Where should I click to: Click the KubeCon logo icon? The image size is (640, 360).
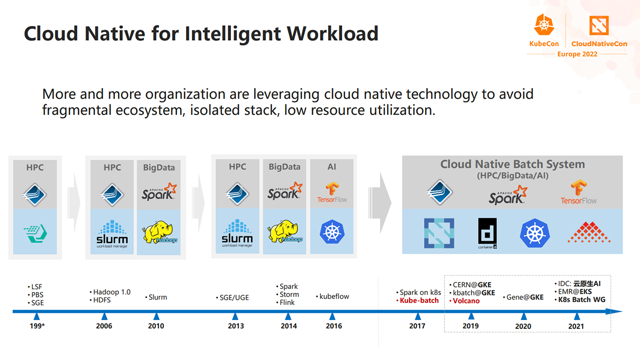(544, 25)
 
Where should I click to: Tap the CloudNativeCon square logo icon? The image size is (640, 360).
(599, 25)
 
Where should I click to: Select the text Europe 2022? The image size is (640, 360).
(577, 54)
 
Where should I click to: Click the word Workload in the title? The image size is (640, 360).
(332, 33)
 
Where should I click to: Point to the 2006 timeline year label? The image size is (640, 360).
(104, 326)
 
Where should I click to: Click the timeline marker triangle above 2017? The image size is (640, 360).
(417, 316)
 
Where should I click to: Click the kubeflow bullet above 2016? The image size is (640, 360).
(332, 296)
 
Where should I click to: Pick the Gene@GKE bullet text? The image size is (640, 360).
(523, 297)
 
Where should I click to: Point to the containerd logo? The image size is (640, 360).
(487, 233)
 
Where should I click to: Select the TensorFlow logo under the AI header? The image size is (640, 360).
(332, 192)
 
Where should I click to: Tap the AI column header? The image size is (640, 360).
(331, 167)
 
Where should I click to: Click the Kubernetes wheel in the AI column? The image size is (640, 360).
(332, 231)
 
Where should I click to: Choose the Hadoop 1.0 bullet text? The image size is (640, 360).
(110, 292)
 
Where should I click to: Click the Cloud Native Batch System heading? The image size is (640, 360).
(512, 164)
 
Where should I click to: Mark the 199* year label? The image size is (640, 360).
(37, 326)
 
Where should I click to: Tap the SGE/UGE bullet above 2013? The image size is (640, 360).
(232, 297)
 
